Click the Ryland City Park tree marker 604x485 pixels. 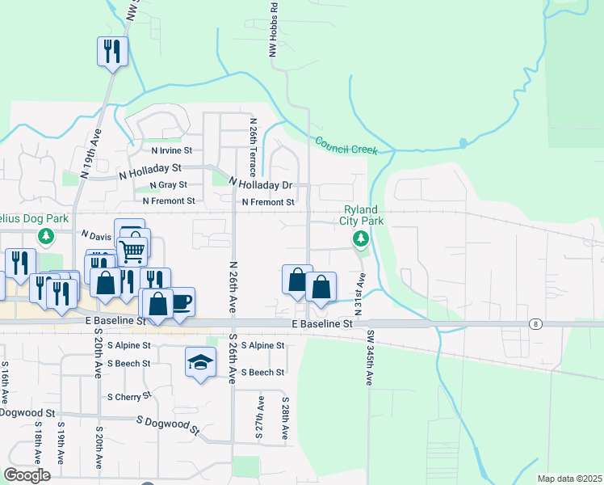(x=361, y=238)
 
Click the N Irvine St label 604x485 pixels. (x=171, y=150)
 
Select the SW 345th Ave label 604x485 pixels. (x=368, y=356)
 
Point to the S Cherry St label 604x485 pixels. (x=129, y=397)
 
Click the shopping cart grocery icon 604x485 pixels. (x=132, y=250)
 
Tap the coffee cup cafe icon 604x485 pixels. (x=181, y=302)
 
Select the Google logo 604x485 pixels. (x=27, y=475)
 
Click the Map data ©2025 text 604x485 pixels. (x=568, y=479)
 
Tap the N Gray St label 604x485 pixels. (x=168, y=185)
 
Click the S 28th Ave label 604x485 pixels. (x=285, y=418)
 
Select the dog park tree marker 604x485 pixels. (x=46, y=236)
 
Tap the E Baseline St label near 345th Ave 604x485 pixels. (x=321, y=323)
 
